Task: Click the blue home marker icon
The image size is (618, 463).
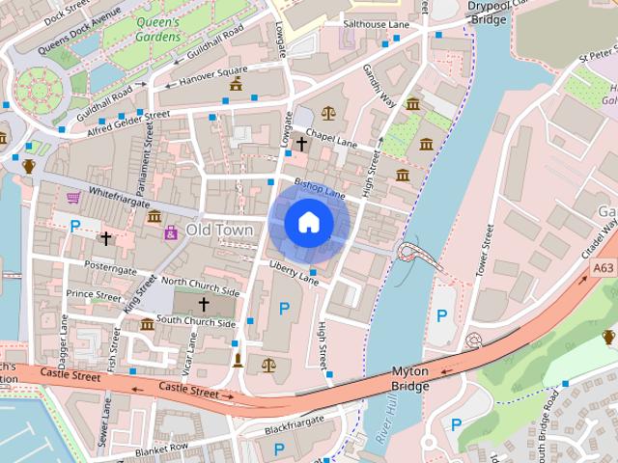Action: pyautogui.click(x=308, y=223)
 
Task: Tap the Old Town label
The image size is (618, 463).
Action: pyautogui.click(x=219, y=231)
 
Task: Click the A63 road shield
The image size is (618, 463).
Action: pyautogui.click(x=604, y=268)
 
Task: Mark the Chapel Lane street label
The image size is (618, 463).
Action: pyautogui.click(x=332, y=142)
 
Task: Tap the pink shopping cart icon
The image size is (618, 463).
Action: pyautogui.click(x=73, y=198)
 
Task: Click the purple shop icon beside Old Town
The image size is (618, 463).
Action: pyautogui.click(x=171, y=232)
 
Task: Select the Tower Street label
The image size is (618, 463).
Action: pyautogui.click(x=489, y=250)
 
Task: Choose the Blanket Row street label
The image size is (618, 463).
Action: pyautogui.click(x=160, y=448)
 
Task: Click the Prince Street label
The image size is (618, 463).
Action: pyautogui.click(x=94, y=295)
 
